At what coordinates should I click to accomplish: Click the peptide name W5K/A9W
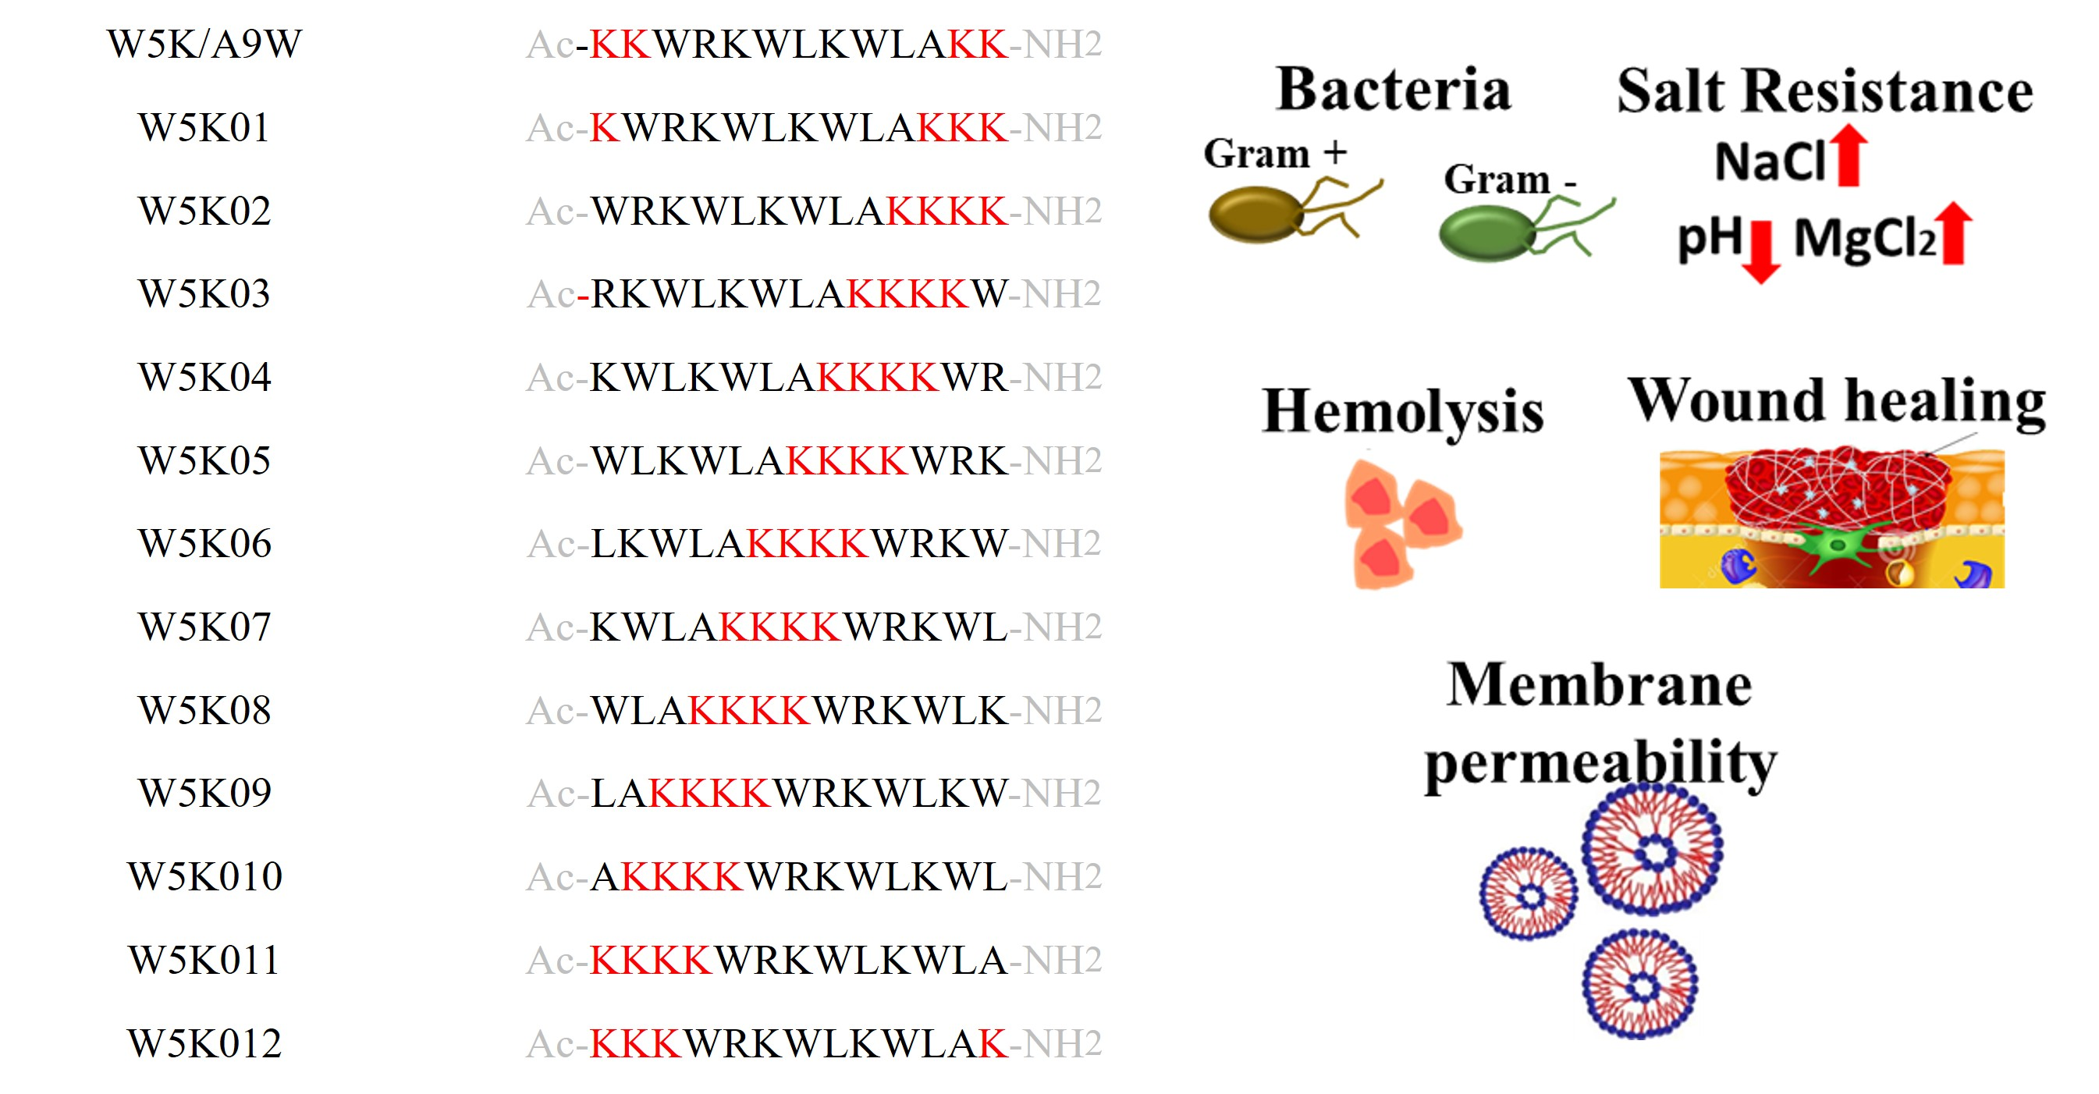pos(204,44)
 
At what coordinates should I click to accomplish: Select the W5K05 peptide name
pos(204,461)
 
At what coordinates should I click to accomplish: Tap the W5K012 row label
pos(204,1043)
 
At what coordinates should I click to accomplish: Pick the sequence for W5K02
pos(813,211)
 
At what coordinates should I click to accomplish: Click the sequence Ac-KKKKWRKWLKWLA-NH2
pos(813,961)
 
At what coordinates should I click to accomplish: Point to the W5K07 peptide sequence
pos(813,627)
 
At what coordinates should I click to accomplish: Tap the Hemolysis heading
pos(1402,412)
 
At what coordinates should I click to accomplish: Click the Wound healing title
pos(1837,401)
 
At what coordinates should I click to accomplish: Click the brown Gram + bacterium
pos(1255,215)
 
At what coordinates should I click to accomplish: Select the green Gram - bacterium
pos(1487,233)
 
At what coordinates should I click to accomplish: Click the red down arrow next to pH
pos(1761,251)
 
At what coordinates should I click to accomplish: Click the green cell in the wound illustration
pos(1838,545)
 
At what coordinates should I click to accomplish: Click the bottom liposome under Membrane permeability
pos(1639,985)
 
